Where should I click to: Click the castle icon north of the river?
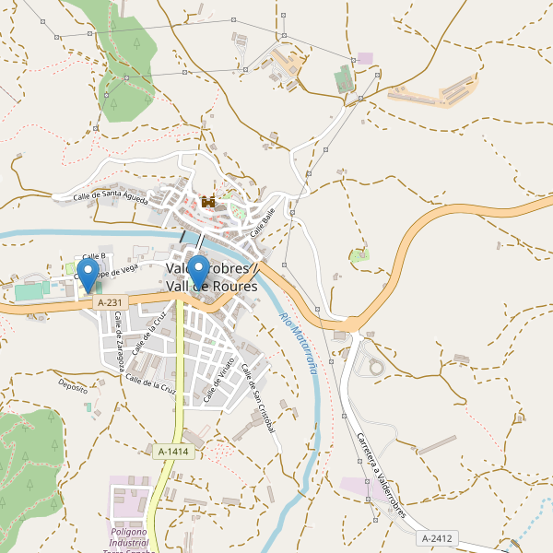click(x=208, y=201)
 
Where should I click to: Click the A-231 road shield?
click(x=109, y=302)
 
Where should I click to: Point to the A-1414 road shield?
click(x=173, y=452)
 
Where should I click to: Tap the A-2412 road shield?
click(x=436, y=538)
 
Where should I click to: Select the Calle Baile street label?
click(x=263, y=221)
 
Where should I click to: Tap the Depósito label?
click(x=73, y=384)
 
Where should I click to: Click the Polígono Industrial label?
click(x=129, y=532)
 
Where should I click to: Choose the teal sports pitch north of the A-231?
click(x=29, y=291)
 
